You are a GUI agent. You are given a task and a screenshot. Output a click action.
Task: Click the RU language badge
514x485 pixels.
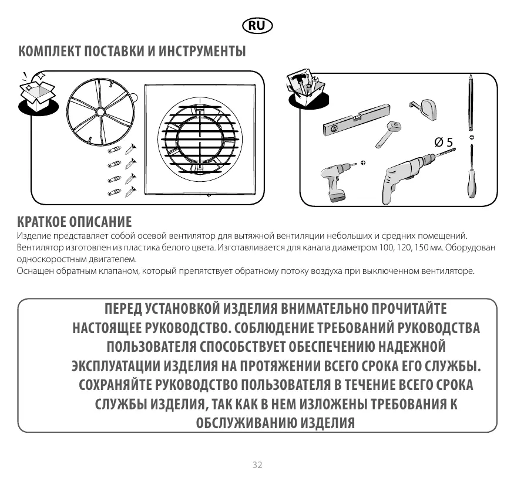[257, 26]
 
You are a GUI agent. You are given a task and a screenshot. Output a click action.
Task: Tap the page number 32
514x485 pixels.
[257, 464]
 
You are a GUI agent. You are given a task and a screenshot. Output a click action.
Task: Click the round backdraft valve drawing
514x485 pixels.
[101, 111]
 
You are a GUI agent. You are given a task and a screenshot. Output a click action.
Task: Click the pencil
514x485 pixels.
[471, 103]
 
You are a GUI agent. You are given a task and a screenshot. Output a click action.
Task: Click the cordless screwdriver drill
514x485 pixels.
[335, 181]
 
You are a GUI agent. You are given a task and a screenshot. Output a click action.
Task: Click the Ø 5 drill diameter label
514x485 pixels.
[444, 142]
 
